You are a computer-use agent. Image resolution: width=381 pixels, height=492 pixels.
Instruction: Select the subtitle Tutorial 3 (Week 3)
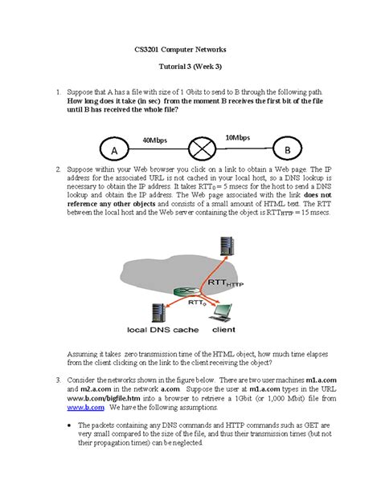191,70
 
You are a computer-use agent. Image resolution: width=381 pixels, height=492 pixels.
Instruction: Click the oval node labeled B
285,150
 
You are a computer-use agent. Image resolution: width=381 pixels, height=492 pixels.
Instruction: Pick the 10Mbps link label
239,137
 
